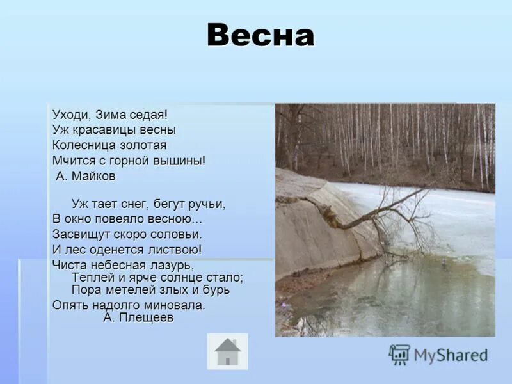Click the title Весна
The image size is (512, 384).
[260, 36]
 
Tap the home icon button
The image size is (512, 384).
[227, 351]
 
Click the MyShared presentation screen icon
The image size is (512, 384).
[399, 355]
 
